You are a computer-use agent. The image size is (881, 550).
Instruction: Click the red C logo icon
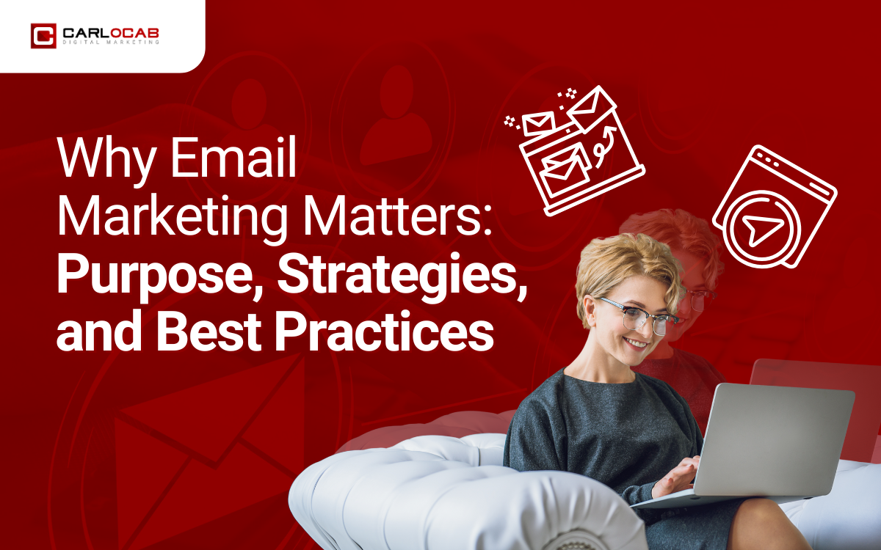pos(43,36)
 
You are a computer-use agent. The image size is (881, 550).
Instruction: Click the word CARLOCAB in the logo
pos(109,32)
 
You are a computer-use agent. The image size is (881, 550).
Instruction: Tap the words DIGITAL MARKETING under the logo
pos(109,43)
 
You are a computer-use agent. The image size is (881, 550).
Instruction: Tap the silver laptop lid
pos(778,436)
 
